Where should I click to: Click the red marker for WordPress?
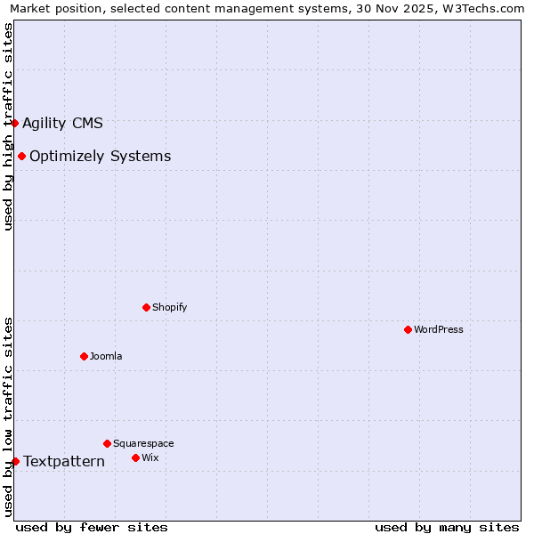pyautogui.click(x=408, y=329)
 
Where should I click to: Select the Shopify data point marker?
pyautogui.click(x=146, y=307)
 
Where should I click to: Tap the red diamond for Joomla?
pyautogui.click(x=84, y=356)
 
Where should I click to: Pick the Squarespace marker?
pyautogui.click(x=107, y=443)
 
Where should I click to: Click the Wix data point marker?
pyautogui.click(x=135, y=457)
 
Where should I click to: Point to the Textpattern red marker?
pyautogui.click(x=15, y=461)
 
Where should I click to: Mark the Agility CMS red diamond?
pyautogui.click(x=15, y=123)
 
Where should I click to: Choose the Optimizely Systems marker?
pyautogui.click(x=21, y=157)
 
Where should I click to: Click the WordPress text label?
pyautogui.click(x=439, y=329)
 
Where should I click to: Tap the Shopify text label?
pyautogui.click(x=169, y=307)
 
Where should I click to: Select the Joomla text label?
pyautogui.click(x=106, y=356)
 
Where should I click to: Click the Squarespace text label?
pyautogui.click(x=143, y=443)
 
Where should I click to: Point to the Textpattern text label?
pyautogui.click(x=64, y=461)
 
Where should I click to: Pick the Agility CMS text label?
pyautogui.click(x=62, y=123)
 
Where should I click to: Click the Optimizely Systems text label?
pyautogui.click(x=100, y=157)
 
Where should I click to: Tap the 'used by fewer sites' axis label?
pyautogui.click(x=92, y=527)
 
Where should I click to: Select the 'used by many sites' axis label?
pyautogui.click(x=447, y=527)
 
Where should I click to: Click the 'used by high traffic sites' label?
pyautogui.click(x=8, y=126)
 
